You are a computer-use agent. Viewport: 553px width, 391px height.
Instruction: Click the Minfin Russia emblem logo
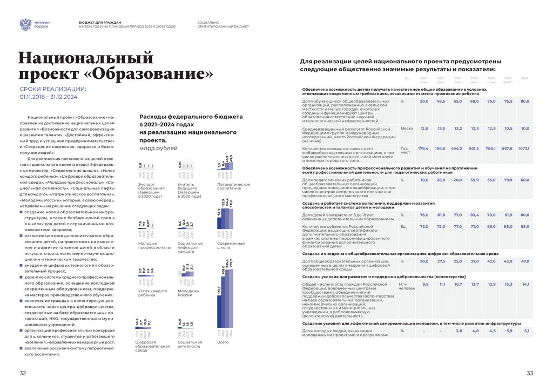pos(25,24)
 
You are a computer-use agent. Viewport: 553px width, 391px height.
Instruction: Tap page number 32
pos(23,374)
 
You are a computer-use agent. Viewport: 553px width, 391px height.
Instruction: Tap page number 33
pos(530,374)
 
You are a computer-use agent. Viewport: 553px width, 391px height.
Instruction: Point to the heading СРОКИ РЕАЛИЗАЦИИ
pos(52,89)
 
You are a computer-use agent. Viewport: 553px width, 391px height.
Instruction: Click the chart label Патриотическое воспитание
pos(233,186)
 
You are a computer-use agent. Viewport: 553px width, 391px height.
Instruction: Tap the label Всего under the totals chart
pos(222,342)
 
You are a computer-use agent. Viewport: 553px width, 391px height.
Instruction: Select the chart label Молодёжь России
pos(188,293)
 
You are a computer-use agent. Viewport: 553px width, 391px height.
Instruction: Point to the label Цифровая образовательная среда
pos(149,346)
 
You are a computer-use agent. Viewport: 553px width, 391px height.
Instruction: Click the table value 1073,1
pos(523,148)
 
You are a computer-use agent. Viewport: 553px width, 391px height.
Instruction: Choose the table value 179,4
pos(423,148)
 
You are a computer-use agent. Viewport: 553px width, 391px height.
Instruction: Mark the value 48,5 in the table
pos(441,101)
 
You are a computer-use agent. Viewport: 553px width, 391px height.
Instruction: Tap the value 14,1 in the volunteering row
pos(525,284)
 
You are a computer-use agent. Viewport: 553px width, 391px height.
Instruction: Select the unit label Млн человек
pos(407,286)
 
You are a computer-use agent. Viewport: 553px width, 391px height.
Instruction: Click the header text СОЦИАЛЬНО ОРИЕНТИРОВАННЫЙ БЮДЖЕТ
pos(223,24)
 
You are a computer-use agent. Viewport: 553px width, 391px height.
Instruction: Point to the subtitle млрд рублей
pos(158,147)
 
